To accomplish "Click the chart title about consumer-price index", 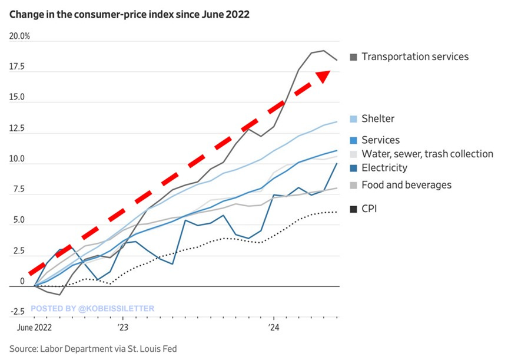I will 129,15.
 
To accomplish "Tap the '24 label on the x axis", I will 273,326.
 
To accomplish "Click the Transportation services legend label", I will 415,57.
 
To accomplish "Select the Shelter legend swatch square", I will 353,119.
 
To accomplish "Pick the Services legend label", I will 380,140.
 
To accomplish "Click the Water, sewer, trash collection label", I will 427,154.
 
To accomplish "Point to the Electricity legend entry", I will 384,168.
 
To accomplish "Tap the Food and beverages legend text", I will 406,185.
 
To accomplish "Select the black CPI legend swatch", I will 353,208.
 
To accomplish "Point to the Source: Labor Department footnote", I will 92,349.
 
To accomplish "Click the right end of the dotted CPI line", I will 337,212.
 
